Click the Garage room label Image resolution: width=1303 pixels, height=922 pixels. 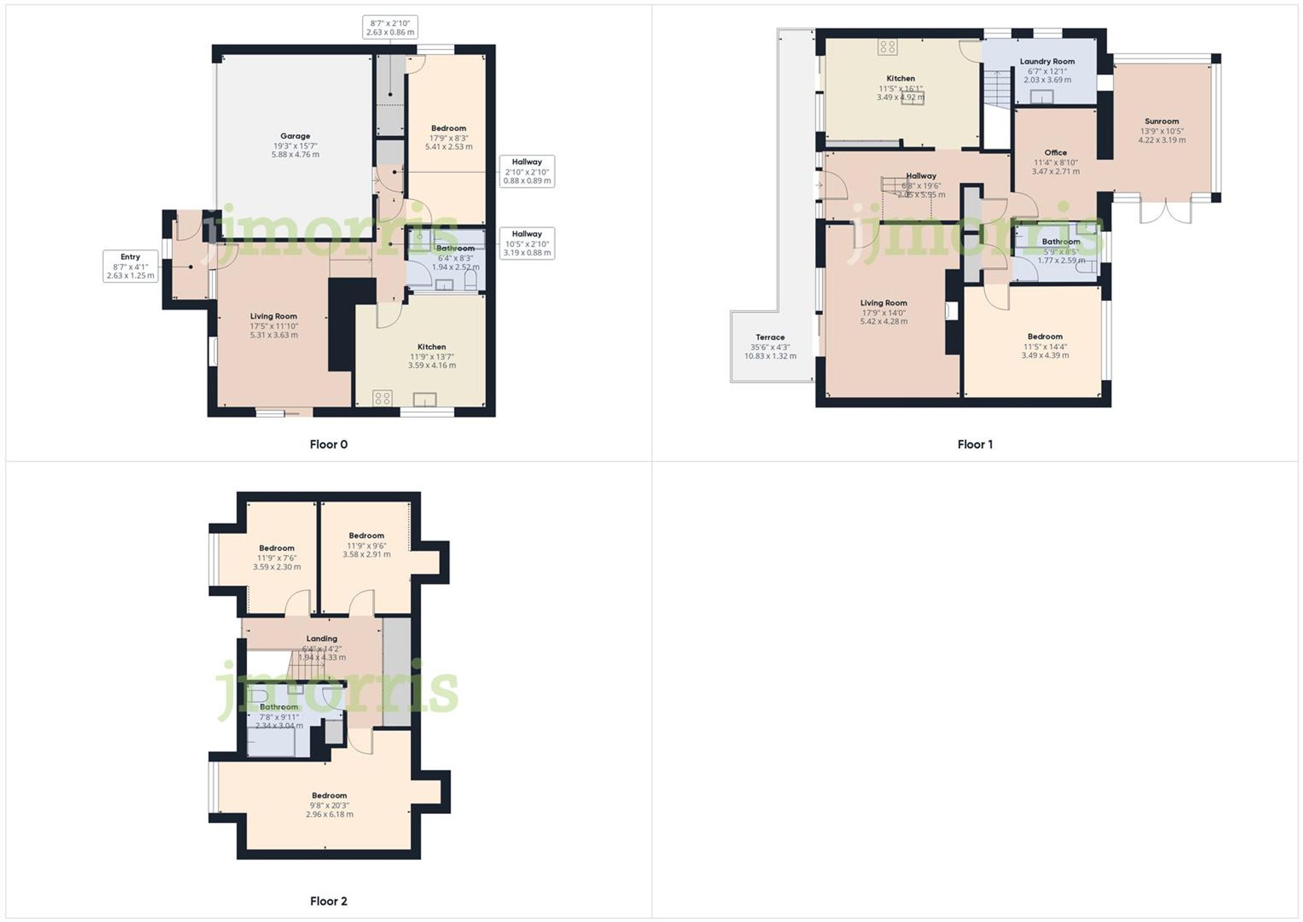[295, 136]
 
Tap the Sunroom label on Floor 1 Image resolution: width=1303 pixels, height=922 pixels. [1162, 121]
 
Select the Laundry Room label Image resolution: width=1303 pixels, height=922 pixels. [1047, 61]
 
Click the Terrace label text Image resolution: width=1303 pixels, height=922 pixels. [770, 338]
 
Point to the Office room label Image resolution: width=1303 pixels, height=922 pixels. [1055, 152]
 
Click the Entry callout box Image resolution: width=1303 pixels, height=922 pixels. [130, 266]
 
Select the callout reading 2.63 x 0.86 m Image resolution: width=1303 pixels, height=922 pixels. [390, 27]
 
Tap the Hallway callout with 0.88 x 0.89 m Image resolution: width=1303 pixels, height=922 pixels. [526, 171]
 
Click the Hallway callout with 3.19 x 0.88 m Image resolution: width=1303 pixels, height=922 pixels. [526, 243]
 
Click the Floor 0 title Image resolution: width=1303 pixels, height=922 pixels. [328, 444]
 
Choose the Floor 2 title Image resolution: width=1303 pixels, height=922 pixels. [328, 901]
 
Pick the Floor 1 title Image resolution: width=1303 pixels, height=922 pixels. [975, 444]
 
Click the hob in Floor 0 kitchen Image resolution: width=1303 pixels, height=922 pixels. [382, 397]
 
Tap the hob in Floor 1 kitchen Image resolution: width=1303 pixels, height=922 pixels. [887, 46]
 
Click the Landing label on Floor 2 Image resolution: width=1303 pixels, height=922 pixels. [322, 639]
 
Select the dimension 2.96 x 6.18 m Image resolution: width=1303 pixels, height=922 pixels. [329, 814]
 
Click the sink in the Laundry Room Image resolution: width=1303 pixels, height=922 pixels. [1042, 96]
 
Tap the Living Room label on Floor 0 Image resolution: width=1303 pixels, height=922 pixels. [274, 316]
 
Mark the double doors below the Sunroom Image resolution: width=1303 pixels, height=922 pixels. [1166, 210]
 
